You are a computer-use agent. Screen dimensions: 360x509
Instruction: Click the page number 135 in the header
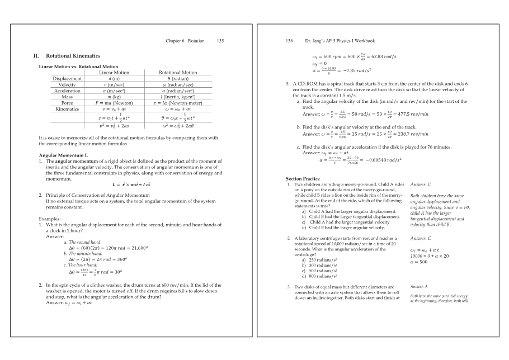click(x=220, y=41)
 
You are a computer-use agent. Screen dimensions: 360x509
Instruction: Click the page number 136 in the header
click(x=289, y=41)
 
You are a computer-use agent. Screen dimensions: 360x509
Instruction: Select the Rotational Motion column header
click(x=178, y=72)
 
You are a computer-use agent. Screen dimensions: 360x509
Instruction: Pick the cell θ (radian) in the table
click(x=178, y=78)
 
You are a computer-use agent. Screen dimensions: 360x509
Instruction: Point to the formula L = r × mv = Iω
click(x=129, y=184)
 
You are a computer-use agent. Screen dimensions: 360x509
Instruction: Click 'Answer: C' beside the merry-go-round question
click(x=421, y=184)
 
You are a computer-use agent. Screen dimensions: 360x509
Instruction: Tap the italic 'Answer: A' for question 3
click(x=418, y=286)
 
